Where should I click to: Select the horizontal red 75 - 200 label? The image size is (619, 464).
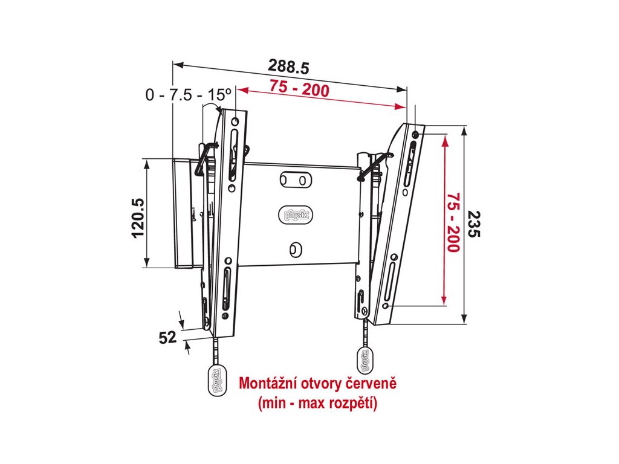pos(300,90)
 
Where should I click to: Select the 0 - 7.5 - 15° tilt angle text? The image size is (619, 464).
pos(189,95)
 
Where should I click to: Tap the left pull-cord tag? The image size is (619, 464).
pos(215,381)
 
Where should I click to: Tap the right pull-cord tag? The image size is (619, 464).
pos(365,361)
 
